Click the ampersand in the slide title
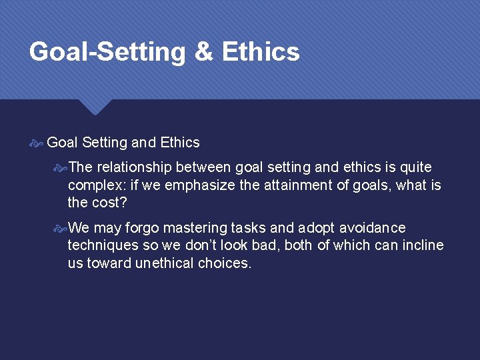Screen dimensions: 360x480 click(202, 52)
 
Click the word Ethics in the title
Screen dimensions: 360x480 click(261, 52)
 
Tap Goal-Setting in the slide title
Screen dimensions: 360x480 click(107, 52)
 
